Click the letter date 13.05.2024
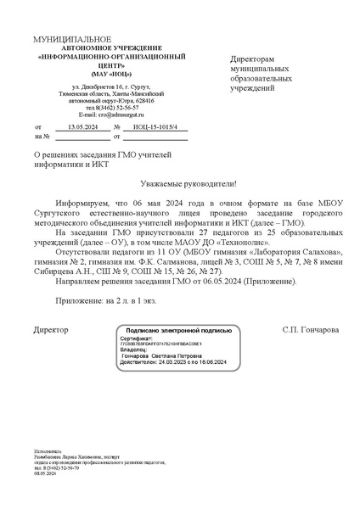[83, 126]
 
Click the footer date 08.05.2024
[45, 473]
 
